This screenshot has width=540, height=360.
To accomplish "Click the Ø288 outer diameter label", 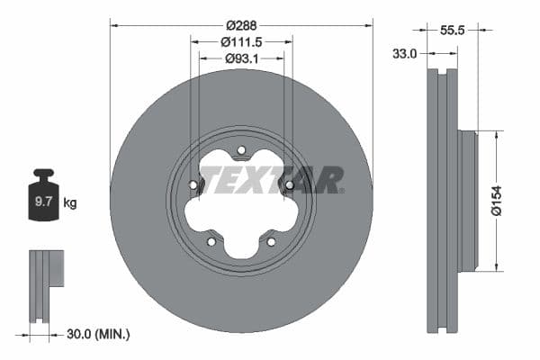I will [x=241, y=24].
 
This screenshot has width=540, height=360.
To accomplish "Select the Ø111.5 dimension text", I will [x=241, y=41].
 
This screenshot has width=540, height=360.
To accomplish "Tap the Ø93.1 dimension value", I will [x=241, y=58].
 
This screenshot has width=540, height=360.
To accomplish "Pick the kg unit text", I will [x=70, y=202].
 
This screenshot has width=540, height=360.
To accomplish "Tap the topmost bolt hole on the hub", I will [x=241, y=150].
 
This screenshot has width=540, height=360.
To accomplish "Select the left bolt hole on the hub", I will [x=193, y=185].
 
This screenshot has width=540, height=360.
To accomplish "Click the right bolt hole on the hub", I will [x=289, y=185].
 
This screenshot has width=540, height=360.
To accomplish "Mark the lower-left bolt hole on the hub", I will [x=211, y=241].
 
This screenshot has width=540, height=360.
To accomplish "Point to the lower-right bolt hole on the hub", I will [x=271, y=241].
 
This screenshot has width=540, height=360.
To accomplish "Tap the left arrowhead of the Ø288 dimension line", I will [x=114, y=24].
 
